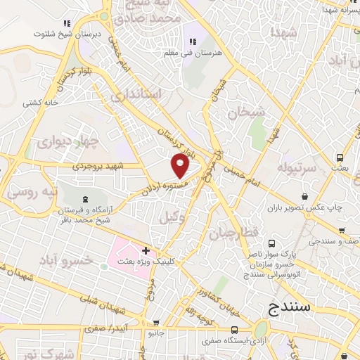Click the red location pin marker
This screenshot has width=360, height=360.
point(181,166)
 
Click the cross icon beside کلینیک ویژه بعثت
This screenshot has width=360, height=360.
point(146,250)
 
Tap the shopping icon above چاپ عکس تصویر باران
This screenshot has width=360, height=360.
point(305,197)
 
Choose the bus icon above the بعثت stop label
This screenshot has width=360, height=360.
point(340,157)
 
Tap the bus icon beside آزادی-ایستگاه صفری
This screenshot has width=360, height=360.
point(235,330)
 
